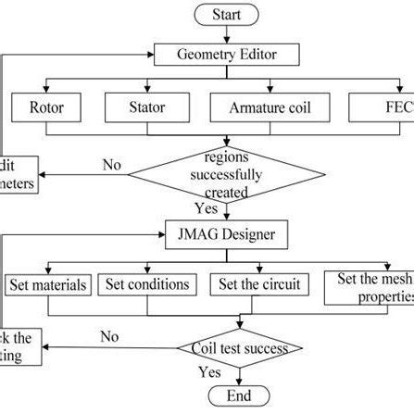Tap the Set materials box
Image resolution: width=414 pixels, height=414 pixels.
(48, 285)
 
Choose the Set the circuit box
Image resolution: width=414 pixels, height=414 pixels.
(255, 285)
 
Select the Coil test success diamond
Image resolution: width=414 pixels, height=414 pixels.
(239, 348)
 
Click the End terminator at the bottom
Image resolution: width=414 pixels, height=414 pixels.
(239, 397)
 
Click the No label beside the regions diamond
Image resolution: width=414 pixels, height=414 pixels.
(113, 165)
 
